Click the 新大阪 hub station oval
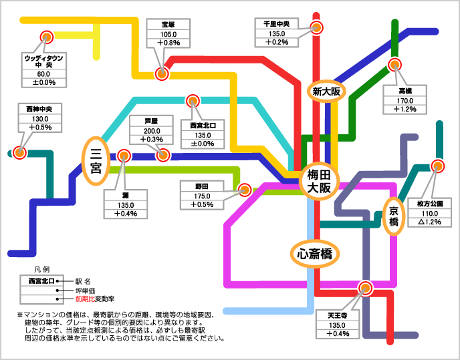pos(325,92)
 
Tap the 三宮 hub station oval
pos(95,159)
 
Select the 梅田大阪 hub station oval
pos(319,181)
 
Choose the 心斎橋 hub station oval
pos(316,253)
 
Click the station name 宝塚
pos(168,25)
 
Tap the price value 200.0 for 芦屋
pos(152,130)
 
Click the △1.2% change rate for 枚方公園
pos(430,221)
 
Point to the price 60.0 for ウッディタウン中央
pos(43,73)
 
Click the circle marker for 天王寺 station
pos(365,289)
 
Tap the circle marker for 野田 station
pos(245,189)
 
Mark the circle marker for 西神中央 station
pos(19,152)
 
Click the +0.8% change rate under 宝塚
pos(168,43)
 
